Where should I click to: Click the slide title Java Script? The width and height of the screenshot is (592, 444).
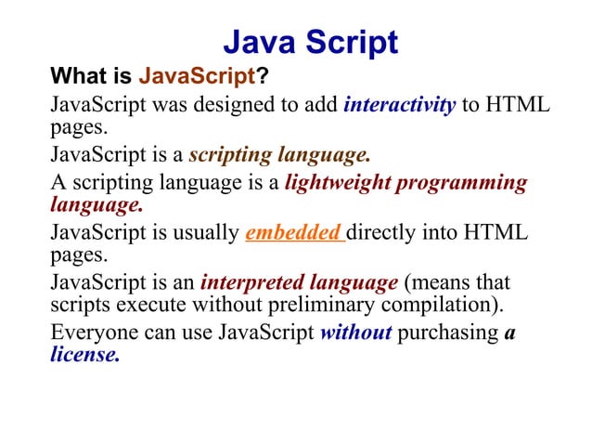pyautogui.click(x=311, y=42)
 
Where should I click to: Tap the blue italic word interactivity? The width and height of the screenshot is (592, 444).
pyautogui.click(x=399, y=104)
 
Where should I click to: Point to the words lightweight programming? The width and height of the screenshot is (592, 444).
pyautogui.click(x=405, y=183)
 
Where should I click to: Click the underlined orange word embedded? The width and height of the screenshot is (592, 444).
pyautogui.click(x=294, y=232)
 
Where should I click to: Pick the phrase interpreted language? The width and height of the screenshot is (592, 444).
pyautogui.click(x=299, y=281)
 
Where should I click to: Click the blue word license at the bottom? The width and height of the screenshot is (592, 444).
pyautogui.click(x=84, y=354)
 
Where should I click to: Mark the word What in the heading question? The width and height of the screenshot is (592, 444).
pyautogui.click(x=71, y=74)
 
